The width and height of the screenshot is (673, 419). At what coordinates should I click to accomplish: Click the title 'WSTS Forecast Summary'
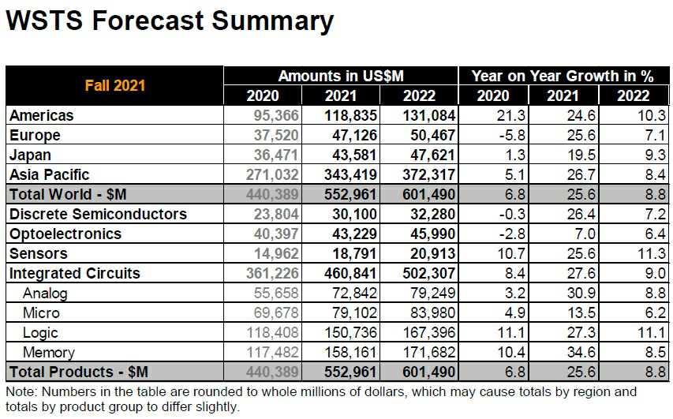(169, 21)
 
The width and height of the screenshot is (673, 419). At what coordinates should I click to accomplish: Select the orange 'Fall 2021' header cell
(115, 85)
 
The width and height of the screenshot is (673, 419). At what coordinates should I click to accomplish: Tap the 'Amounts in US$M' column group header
(341, 76)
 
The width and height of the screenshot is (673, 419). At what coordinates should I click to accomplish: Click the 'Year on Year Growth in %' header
(562, 76)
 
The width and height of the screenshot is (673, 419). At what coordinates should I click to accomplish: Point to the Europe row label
(35, 135)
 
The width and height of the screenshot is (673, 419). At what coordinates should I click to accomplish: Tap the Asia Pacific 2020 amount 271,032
(266, 174)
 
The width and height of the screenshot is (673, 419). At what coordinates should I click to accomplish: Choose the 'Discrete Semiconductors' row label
(98, 214)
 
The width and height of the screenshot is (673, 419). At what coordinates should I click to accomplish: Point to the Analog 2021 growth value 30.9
(570, 293)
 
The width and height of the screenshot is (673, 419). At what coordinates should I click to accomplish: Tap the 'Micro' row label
(42, 312)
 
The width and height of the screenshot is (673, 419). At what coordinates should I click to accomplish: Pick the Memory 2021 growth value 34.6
(570, 353)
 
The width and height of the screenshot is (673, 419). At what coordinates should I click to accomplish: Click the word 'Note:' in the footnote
(22, 391)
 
